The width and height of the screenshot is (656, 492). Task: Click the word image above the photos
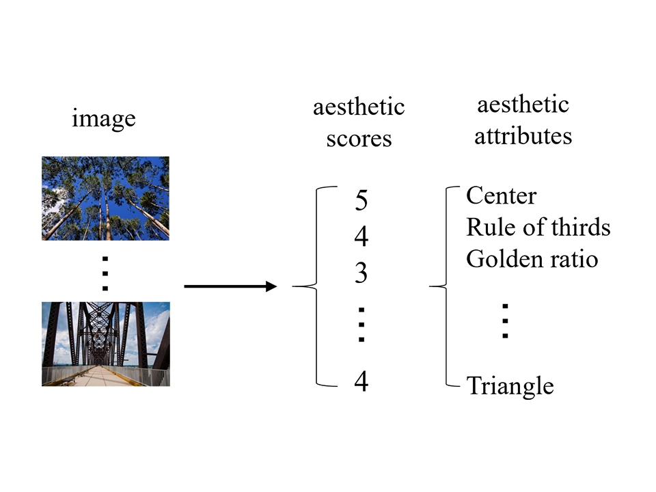tap(104, 119)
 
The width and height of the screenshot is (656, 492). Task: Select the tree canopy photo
tap(105, 198)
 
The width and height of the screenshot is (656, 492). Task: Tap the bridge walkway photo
tap(106, 344)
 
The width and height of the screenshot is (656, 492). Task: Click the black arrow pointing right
tap(230, 286)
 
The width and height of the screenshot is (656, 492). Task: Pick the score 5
tap(361, 200)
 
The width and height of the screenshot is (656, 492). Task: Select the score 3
tap(361, 273)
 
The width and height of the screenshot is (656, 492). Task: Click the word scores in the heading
tap(359, 139)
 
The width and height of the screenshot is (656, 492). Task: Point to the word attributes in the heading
tap(523, 136)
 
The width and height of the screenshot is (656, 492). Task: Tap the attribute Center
tap(501, 195)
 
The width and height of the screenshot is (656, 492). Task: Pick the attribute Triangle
tap(510, 385)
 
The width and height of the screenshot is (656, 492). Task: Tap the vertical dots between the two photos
tap(105, 273)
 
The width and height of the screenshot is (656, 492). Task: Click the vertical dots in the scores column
tap(361, 325)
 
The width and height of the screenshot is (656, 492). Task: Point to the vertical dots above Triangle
tap(506, 321)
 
